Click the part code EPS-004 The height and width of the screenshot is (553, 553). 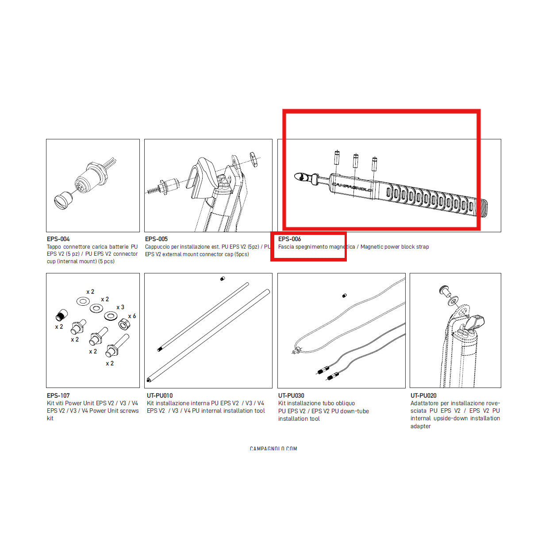click(x=58, y=239)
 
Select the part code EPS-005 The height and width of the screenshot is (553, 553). click(x=156, y=239)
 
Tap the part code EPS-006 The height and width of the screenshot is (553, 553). click(x=289, y=239)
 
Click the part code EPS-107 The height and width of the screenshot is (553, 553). click(x=58, y=396)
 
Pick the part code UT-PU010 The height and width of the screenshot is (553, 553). click(x=160, y=396)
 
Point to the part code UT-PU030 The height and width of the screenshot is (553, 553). click(x=291, y=396)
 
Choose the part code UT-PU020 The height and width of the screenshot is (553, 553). click(x=423, y=396)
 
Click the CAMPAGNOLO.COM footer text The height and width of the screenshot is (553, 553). click(x=273, y=449)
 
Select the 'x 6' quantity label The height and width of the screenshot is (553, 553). click(x=132, y=316)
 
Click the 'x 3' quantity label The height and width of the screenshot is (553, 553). click(x=120, y=307)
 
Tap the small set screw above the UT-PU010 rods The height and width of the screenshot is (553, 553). click(x=223, y=279)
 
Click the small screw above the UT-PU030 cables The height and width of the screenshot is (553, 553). click(x=344, y=296)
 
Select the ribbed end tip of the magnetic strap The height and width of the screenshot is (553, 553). click(x=483, y=208)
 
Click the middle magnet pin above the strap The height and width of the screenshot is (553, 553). click(x=355, y=161)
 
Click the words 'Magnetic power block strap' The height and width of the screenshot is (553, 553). click(x=395, y=247)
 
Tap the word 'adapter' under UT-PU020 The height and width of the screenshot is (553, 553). click(x=420, y=426)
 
